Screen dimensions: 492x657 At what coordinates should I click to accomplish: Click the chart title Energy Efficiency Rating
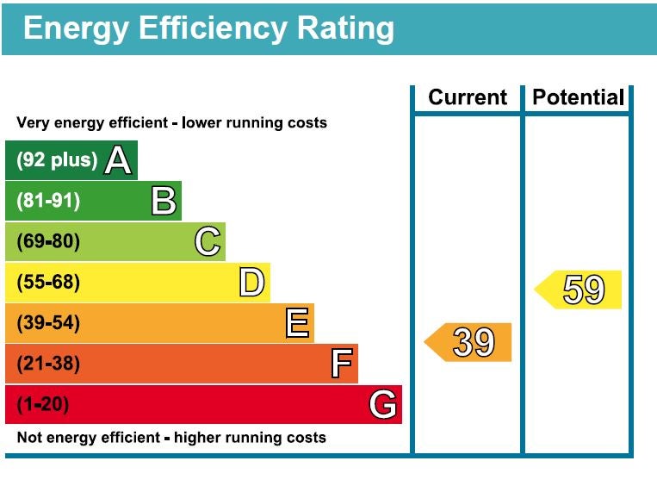pyautogui.click(x=208, y=28)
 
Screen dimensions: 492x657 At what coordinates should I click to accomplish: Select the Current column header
pyautogui.click(x=468, y=97)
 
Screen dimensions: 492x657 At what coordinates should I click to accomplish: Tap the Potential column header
pyautogui.click(x=578, y=97)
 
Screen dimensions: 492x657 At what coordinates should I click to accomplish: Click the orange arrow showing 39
pyautogui.click(x=468, y=342)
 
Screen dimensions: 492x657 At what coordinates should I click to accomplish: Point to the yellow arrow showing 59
pyautogui.click(x=579, y=290)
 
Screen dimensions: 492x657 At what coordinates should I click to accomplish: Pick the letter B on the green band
pyautogui.click(x=164, y=201)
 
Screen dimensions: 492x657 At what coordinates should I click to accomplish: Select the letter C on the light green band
pyautogui.click(x=208, y=241)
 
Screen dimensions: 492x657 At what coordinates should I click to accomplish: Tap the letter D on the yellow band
pyautogui.click(x=251, y=282)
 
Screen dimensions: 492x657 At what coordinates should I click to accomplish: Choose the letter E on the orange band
pyautogui.click(x=296, y=323)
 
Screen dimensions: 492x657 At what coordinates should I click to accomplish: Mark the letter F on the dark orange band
pyautogui.click(x=341, y=364)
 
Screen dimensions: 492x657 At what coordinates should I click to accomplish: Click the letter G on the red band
pyautogui.click(x=383, y=404)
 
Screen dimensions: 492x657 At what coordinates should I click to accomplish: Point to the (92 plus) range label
pyautogui.click(x=57, y=161)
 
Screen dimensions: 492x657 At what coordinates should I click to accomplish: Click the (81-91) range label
pyautogui.click(x=48, y=202)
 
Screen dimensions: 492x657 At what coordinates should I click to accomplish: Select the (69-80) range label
pyautogui.click(x=48, y=242)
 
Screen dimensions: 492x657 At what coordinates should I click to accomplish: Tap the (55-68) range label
pyautogui.click(x=48, y=283)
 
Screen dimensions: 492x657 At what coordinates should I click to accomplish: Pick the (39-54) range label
pyautogui.click(x=48, y=323)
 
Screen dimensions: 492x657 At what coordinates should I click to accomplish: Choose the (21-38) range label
pyautogui.click(x=48, y=364)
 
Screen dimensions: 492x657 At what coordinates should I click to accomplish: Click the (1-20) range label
pyautogui.click(x=43, y=404)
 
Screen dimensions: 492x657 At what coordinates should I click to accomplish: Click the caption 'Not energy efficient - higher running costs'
pyautogui.click(x=171, y=438)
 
